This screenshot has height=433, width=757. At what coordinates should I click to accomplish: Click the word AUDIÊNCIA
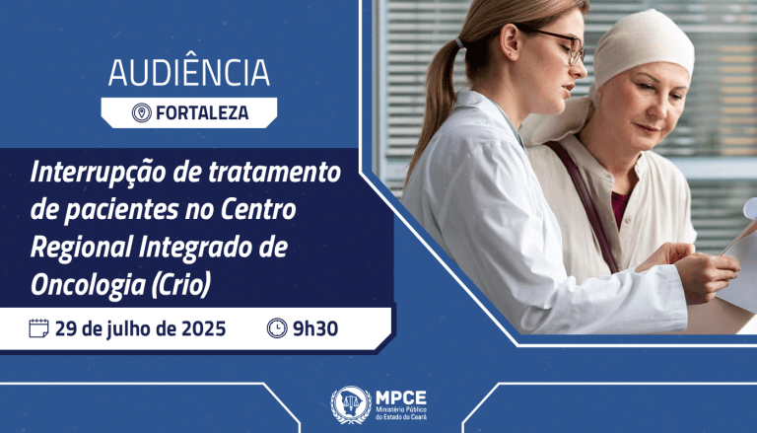(x=189, y=72)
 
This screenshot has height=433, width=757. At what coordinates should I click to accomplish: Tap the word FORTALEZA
(x=202, y=113)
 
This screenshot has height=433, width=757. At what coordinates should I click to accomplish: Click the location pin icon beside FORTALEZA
(x=142, y=113)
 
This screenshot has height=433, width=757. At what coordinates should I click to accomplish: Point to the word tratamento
(x=275, y=173)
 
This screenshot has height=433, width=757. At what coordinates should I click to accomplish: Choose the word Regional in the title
(x=81, y=248)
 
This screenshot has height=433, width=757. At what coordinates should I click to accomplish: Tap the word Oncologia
(x=88, y=286)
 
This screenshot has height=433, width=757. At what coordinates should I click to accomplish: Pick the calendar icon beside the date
(x=38, y=328)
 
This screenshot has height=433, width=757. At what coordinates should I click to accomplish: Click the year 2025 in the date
(x=203, y=329)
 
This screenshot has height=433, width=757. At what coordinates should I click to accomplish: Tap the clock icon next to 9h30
(x=277, y=328)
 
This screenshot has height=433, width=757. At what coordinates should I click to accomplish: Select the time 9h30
(x=315, y=328)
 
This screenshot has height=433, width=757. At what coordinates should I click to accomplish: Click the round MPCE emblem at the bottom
(x=351, y=404)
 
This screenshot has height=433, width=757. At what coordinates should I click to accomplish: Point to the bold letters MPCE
(x=401, y=397)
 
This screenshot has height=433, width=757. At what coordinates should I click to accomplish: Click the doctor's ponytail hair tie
(x=459, y=43)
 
